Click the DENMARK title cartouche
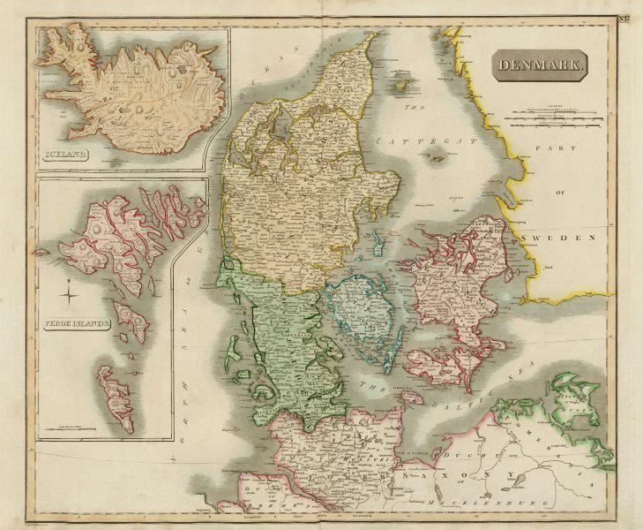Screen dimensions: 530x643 click(539, 65)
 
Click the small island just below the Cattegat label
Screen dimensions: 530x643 click(435, 160)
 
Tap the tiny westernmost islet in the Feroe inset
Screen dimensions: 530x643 click(41, 251)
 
